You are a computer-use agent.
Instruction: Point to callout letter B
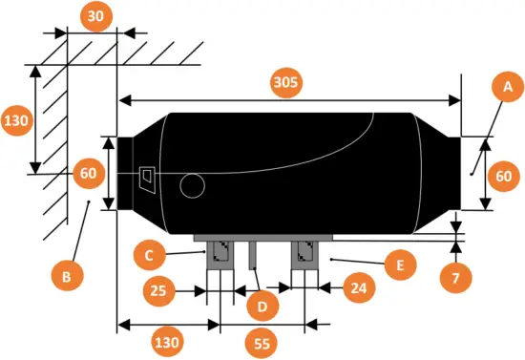point(66,277)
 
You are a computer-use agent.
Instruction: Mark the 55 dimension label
point(260,341)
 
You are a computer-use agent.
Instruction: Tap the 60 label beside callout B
point(88,174)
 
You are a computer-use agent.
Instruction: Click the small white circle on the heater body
point(192,186)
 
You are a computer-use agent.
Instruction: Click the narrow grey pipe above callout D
point(254,256)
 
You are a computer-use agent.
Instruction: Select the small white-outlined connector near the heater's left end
point(147,177)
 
